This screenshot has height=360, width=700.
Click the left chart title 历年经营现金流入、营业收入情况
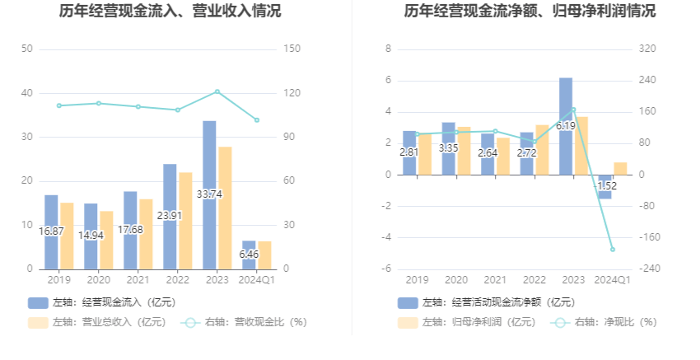click(x=170, y=12)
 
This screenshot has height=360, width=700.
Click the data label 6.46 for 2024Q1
click(x=249, y=255)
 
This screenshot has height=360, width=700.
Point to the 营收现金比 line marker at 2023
click(x=217, y=91)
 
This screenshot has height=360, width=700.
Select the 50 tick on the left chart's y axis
click(x=27, y=49)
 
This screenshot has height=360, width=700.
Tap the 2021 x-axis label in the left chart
click(x=138, y=280)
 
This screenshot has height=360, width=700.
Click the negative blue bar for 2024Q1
click(x=605, y=186)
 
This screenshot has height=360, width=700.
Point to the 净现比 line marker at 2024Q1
click(x=613, y=249)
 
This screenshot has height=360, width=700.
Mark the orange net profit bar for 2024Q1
click(x=620, y=168)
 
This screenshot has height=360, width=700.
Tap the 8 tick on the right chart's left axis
click(x=387, y=49)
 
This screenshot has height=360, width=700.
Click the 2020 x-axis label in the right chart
click(x=455, y=280)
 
